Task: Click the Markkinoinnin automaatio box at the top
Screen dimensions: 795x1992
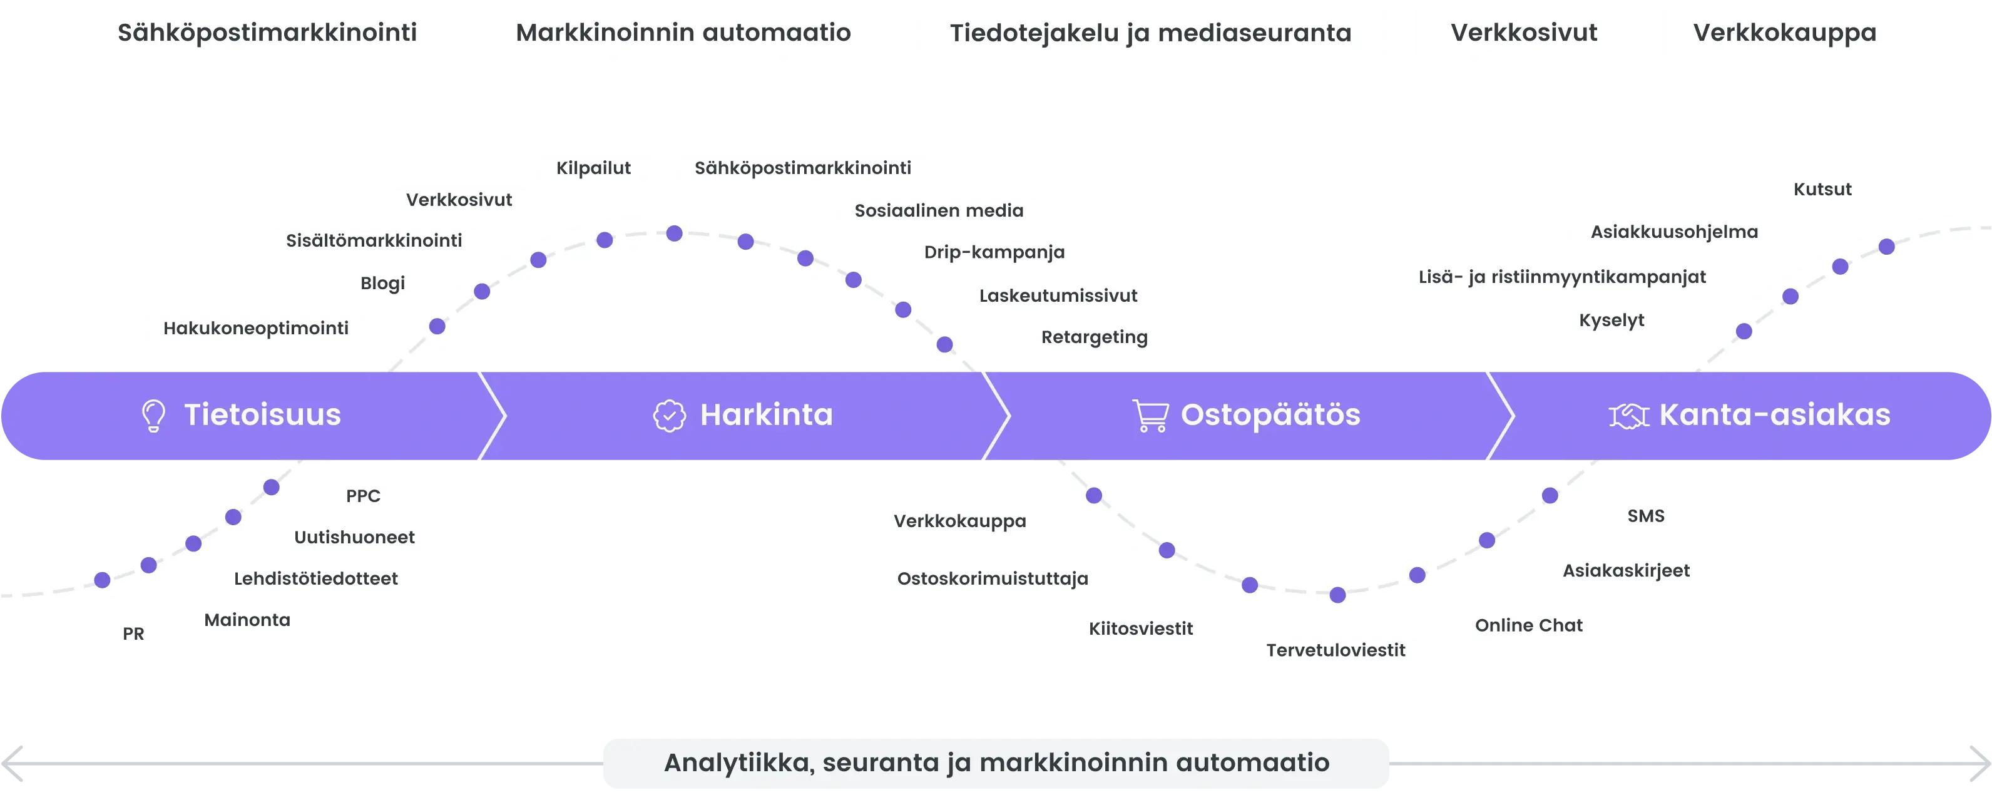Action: (683, 33)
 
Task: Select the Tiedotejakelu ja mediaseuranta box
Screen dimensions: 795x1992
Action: (1151, 33)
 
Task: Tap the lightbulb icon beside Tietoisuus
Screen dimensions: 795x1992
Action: (153, 415)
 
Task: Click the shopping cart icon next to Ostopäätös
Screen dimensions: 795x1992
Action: (1150, 415)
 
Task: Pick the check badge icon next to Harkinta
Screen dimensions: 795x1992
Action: (669, 415)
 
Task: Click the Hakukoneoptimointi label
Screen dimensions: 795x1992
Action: (256, 329)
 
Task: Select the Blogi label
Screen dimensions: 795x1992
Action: (383, 283)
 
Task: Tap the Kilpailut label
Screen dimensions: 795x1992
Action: (593, 168)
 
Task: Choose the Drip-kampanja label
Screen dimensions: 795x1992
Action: (994, 252)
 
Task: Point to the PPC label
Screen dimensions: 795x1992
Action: (363, 496)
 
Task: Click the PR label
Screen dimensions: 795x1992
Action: (134, 634)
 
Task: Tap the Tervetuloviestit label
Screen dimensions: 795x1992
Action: (1336, 650)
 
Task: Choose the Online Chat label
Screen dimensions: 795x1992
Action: (1528, 625)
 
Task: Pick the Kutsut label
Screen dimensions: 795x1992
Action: (1822, 190)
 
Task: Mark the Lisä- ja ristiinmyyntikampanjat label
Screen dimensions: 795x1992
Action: (1561, 277)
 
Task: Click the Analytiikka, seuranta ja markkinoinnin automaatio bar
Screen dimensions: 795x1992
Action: (996, 762)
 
